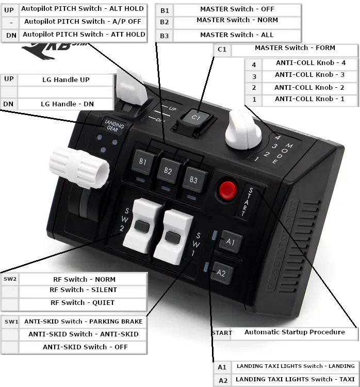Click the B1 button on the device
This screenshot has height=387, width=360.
(143, 162)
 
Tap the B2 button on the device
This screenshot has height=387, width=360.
(168, 170)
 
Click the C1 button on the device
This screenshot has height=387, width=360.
(195, 118)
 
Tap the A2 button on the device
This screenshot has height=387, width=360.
(221, 273)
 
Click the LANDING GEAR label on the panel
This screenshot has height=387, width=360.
(113, 124)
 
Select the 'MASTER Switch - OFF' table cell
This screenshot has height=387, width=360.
(237, 9)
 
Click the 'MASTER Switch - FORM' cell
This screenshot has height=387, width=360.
(294, 48)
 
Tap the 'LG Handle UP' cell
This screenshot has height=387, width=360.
(66, 80)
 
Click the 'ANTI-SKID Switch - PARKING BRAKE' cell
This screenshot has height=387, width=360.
(83, 321)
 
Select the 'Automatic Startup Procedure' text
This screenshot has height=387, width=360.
(294, 332)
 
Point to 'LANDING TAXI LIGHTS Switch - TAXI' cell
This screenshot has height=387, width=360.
(295, 379)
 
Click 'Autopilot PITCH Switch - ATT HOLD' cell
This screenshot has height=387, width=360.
(84, 35)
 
